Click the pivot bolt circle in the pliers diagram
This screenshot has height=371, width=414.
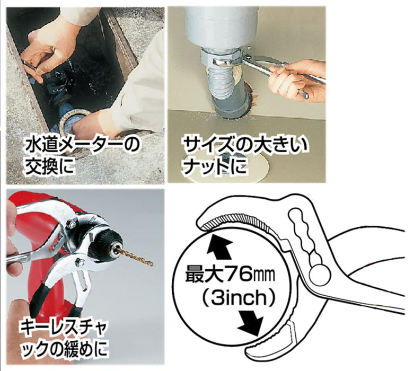pyautogui.click(x=320, y=274)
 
